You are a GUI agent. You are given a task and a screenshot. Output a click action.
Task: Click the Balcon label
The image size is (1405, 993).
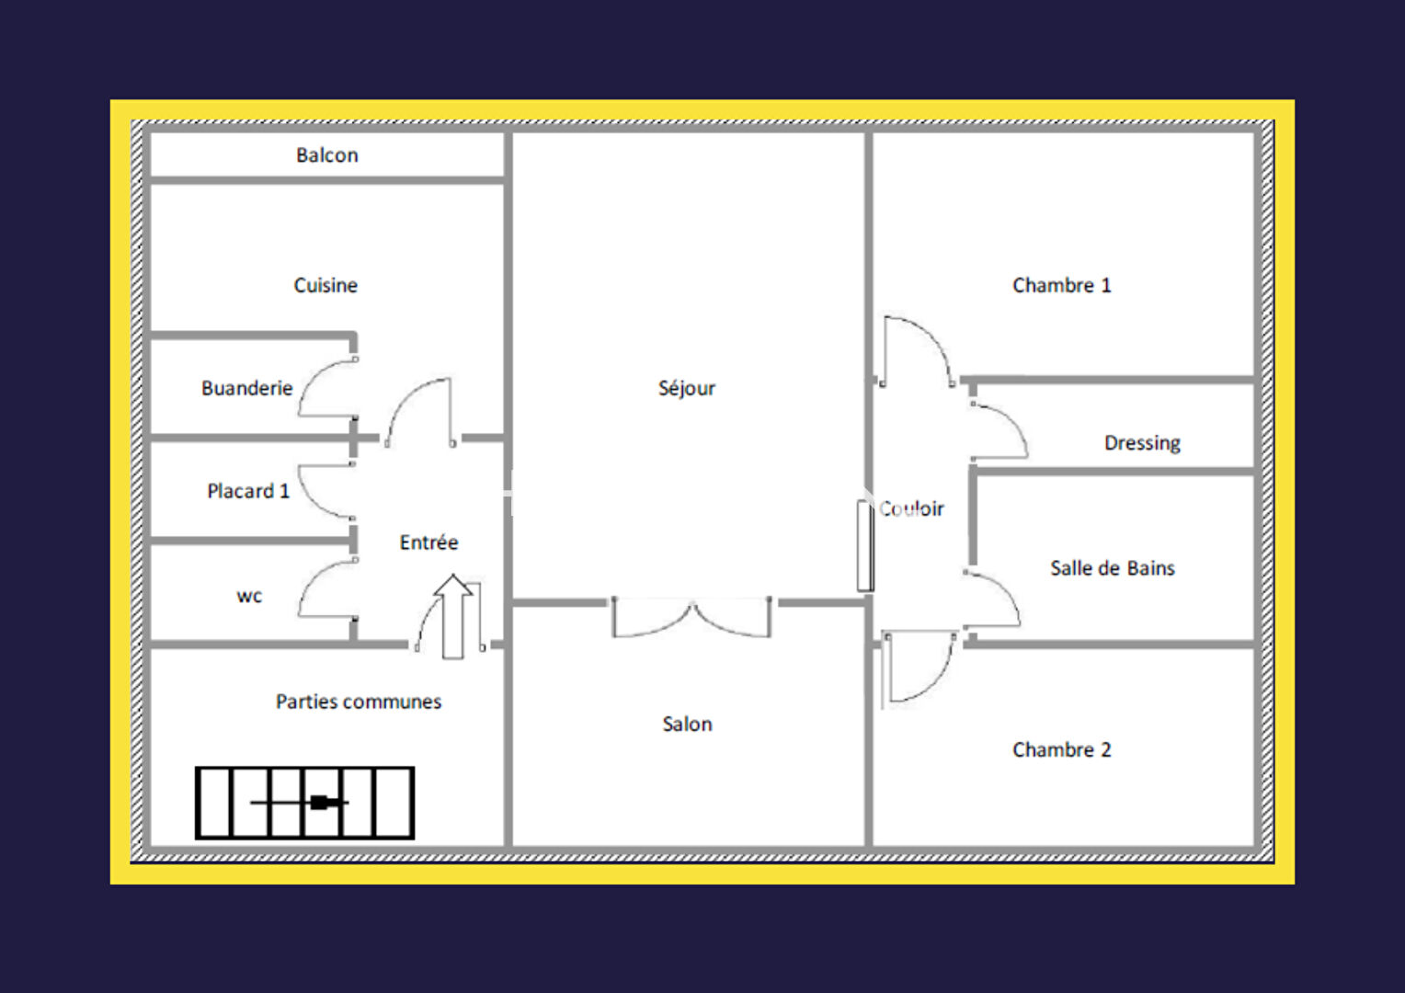pyautogui.click(x=326, y=155)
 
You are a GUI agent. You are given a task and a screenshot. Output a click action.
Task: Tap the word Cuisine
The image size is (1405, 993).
pyautogui.click(x=326, y=285)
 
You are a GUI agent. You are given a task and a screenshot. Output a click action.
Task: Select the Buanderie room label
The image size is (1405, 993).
pyautogui.click(x=247, y=388)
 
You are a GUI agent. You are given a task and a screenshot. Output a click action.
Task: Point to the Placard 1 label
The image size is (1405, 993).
pyautogui.click(x=248, y=491)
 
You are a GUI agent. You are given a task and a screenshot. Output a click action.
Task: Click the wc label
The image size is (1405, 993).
pyautogui.click(x=249, y=596)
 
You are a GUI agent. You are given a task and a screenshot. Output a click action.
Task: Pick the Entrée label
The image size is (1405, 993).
pyautogui.click(x=429, y=542)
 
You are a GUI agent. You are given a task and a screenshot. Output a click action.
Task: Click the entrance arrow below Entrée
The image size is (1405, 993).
pyautogui.click(x=453, y=617)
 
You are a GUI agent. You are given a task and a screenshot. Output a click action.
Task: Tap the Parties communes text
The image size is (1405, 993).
pyautogui.click(x=359, y=702)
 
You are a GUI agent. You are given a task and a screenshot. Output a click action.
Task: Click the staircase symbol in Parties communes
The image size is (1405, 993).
pyautogui.click(x=305, y=803)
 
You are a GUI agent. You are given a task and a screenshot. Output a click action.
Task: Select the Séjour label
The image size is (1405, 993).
pyautogui.click(x=687, y=388)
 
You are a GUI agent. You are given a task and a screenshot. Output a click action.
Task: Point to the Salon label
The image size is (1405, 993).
pyautogui.click(x=688, y=725)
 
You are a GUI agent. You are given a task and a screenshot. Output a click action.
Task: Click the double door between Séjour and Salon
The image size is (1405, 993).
pyautogui.click(x=691, y=618)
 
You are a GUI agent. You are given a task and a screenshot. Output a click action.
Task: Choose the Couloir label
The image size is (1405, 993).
pyautogui.click(x=911, y=508)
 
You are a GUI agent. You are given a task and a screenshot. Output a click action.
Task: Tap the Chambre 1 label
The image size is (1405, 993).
pyautogui.click(x=1062, y=285)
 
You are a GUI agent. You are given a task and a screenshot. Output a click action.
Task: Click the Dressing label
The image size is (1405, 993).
pyautogui.click(x=1142, y=443)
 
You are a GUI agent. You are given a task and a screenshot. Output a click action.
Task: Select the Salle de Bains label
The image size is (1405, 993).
pyautogui.click(x=1113, y=568)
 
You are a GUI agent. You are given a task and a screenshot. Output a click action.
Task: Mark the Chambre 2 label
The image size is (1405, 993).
pyautogui.click(x=1062, y=749)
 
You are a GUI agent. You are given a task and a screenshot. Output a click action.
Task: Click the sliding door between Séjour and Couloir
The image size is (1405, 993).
pyautogui.click(x=865, y=546)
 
